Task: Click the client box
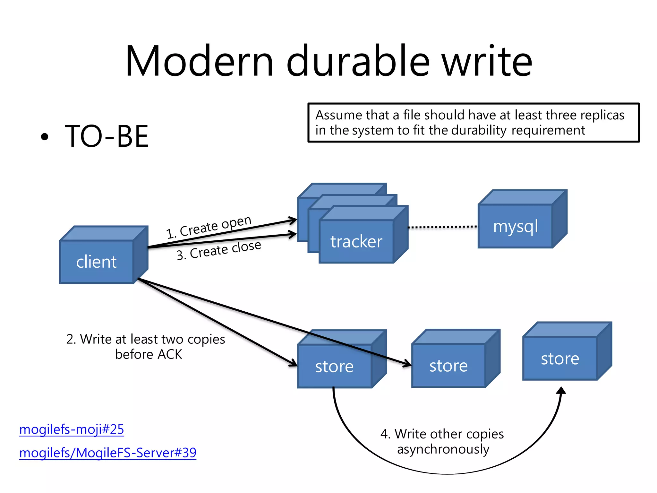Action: [x=96, y=262]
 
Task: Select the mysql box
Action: [x=515, y=226]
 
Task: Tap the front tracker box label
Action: [x=356, y=241]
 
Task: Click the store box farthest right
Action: [x=560, y=358]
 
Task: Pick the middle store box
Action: [x=448, y=366]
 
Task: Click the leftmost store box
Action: [x=334, y=366]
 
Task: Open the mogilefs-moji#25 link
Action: [x=72, y=429]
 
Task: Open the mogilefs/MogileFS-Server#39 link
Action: [x=108, y=453]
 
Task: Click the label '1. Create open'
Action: [x=209, y=227]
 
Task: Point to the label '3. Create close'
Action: [x=219, y=250]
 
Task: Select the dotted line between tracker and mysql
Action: [x=443, y=227]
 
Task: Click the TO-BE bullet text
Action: [x=107, y=136]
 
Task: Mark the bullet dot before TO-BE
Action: [x=45, y=137]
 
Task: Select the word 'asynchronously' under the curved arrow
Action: [x=443, y=449]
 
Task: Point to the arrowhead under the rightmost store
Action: [x=561, y=391]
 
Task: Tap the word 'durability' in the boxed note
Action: [x=479, y=130]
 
